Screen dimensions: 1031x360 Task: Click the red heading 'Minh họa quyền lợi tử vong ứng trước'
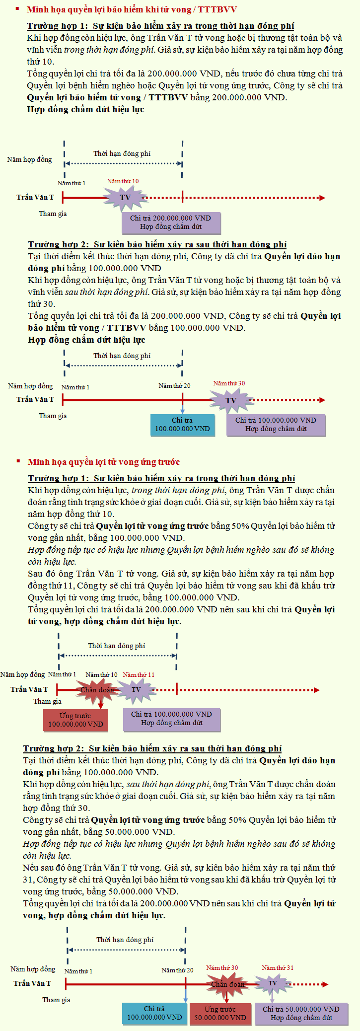click(103, 462)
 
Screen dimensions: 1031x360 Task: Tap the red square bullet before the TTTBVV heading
click(17, 9)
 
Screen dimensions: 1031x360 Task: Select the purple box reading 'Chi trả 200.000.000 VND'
click(171, 222)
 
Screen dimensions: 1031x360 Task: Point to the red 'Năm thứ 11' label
click(139, 674)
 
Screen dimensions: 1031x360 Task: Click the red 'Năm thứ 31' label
click(278, 967)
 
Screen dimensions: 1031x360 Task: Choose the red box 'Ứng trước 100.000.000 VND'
click(75, 720)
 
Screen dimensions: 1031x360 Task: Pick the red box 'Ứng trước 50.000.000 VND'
click(220, 1013)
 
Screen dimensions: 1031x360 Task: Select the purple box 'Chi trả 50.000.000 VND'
click(301, 1013)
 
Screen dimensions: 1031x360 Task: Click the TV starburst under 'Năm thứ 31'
click(273, 983)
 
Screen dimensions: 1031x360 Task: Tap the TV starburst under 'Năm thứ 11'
click(136, 689)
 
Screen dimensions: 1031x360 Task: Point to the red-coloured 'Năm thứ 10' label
click(123, 181)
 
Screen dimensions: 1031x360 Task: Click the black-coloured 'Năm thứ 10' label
click(101, 674)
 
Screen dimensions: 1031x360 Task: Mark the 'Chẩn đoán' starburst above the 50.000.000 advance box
click(227, 984)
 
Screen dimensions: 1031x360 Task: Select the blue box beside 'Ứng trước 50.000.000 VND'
click(154, 1013)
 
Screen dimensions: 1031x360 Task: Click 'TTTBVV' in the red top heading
click(217, 9)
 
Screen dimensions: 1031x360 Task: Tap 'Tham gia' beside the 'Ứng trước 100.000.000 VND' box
click(47, 701)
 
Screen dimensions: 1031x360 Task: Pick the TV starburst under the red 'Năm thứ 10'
click(125, 198)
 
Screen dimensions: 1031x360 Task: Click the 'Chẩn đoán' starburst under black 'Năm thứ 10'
click(97, 689)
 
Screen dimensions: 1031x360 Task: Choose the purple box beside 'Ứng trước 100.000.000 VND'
click(171, 719)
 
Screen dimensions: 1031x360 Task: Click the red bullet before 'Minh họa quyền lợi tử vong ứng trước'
click(18, 461)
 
